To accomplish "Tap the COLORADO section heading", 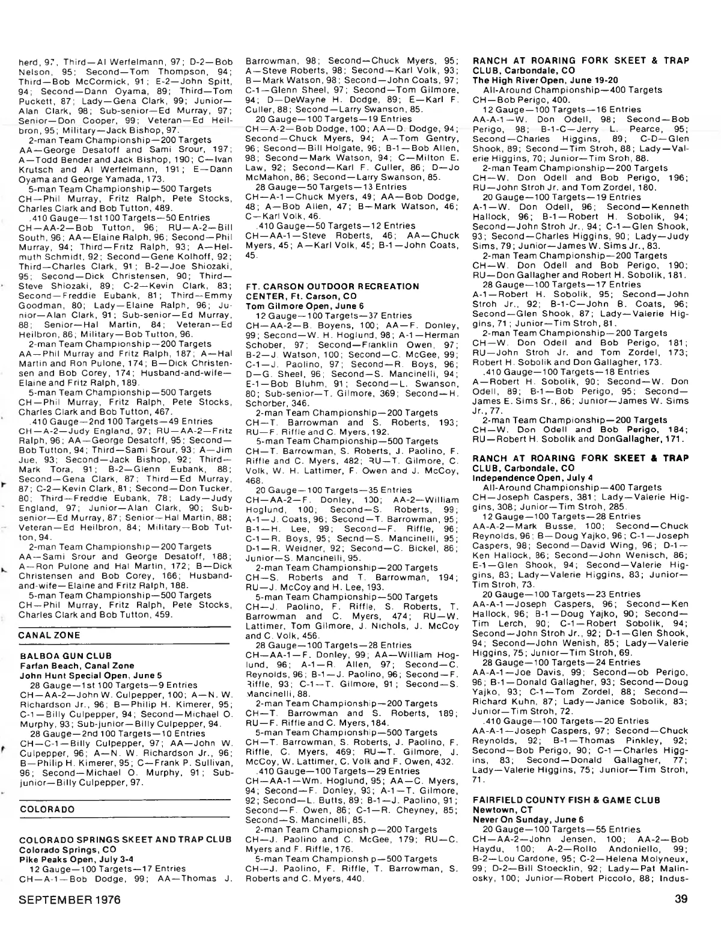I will pyautogui.click(x=47, y=809).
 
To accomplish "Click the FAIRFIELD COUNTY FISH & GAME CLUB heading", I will pyautogui.click(x=567, y=800).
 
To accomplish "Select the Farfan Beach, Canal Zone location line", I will pyautogui.click(x=77, y=665).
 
